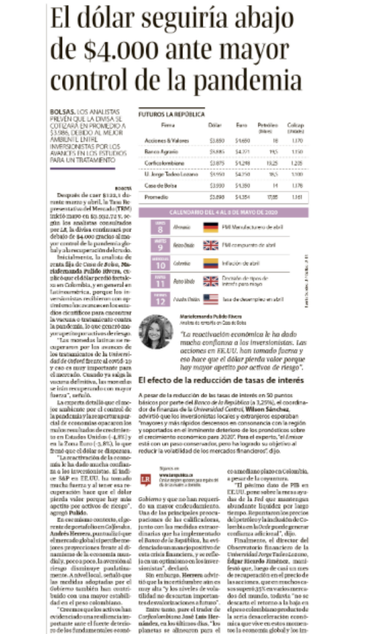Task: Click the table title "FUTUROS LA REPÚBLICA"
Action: click(x=172, y=115)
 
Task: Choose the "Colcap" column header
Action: click(x=296, y=126)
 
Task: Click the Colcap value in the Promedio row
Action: click(x=295, y=197)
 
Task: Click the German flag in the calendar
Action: click(x=210, y=226)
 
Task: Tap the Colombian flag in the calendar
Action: click(x=210, y=262)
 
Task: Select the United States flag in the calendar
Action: click(x=210, y=298)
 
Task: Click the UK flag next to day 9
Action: click(x=210, y=244)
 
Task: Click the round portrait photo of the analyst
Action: click(x=156, y=332)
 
